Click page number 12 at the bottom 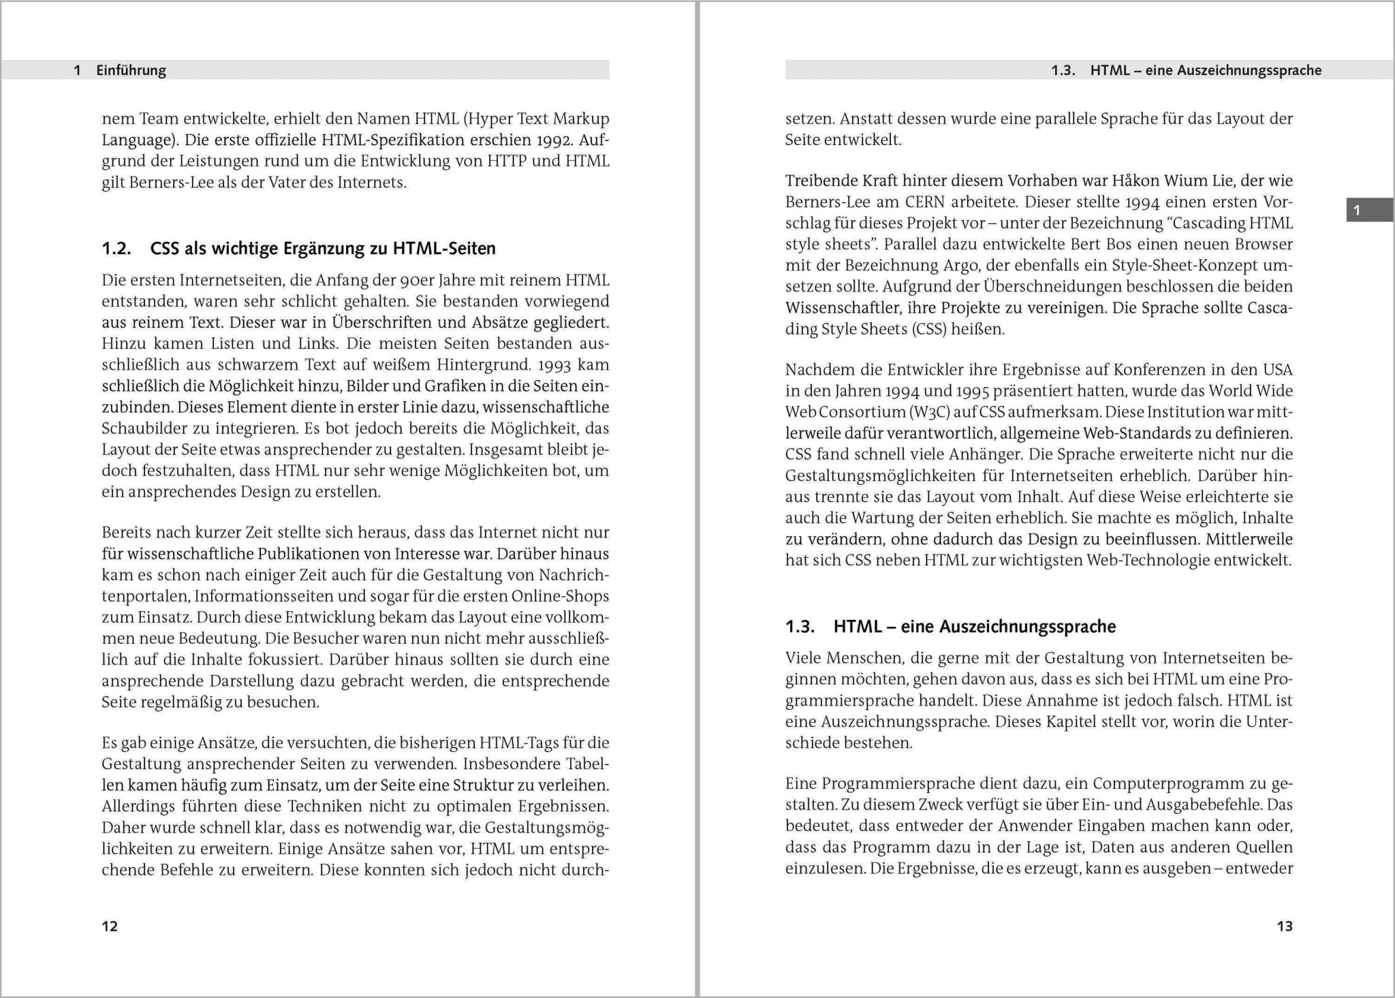point(110,926)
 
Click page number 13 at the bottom point(1284,926)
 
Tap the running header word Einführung point(131,70)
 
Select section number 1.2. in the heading point(116,249)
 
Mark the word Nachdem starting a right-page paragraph point(817,370)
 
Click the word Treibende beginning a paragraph point(821,181)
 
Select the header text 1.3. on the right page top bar point(1063,70)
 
